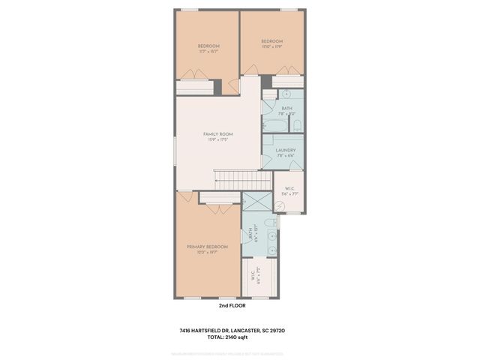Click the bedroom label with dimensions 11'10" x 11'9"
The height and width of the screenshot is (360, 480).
(271, 41)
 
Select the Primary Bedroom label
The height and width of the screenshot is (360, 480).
(207, 247)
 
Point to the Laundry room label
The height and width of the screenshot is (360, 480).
(285, 150)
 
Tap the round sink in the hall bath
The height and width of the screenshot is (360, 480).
(286, 94)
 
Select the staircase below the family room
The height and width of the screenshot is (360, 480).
(241, 180)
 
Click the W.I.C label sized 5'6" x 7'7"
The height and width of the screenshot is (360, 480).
(288, 190)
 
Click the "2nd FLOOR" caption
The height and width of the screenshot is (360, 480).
(232, 305)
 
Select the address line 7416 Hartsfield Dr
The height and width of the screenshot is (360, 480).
(232, 329)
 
